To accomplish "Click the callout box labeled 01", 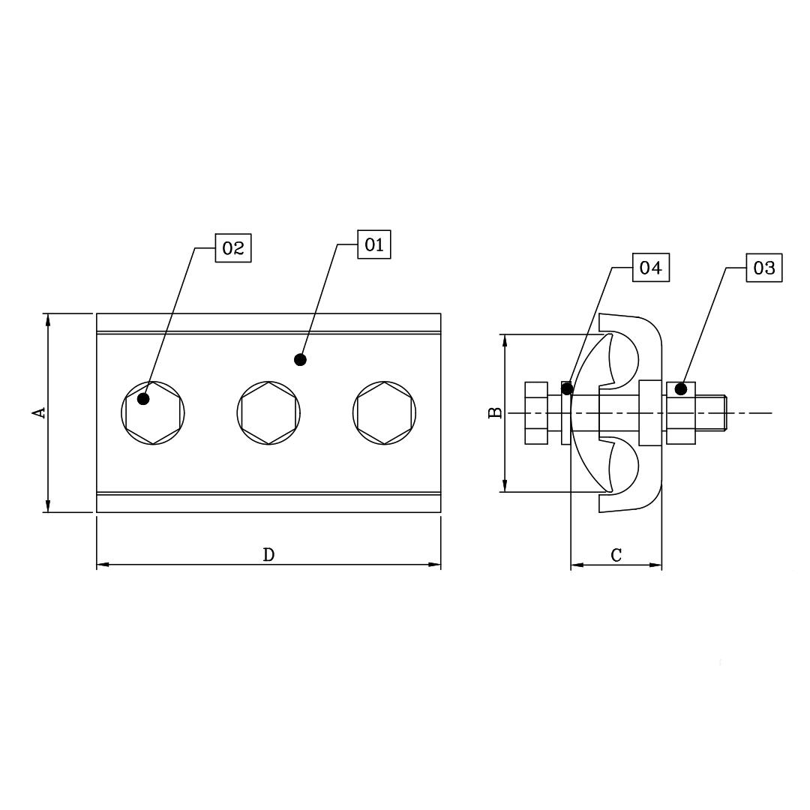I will pos(374,244).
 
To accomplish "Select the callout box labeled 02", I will pos(233,248).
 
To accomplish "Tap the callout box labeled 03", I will pos(763,268).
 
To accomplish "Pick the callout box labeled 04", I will pos(651,268).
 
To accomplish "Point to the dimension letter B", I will pos(495,412).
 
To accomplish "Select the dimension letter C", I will pos(616,555).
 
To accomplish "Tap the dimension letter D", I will pos(268,555).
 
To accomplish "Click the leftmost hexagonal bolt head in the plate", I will pos(153,412).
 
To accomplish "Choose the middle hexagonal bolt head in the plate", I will pos(268,412).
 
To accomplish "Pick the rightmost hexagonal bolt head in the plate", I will pos(384,412).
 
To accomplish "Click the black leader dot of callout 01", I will pos(300,360).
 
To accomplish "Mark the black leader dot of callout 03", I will pos(681,388).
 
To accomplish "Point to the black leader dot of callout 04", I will pos(567,388).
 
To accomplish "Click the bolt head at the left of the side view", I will pos(536,412).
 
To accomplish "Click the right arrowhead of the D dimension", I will pos(435,564).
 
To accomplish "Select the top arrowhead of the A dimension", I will pos(48,319).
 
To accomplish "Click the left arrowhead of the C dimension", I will pos(576,564).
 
